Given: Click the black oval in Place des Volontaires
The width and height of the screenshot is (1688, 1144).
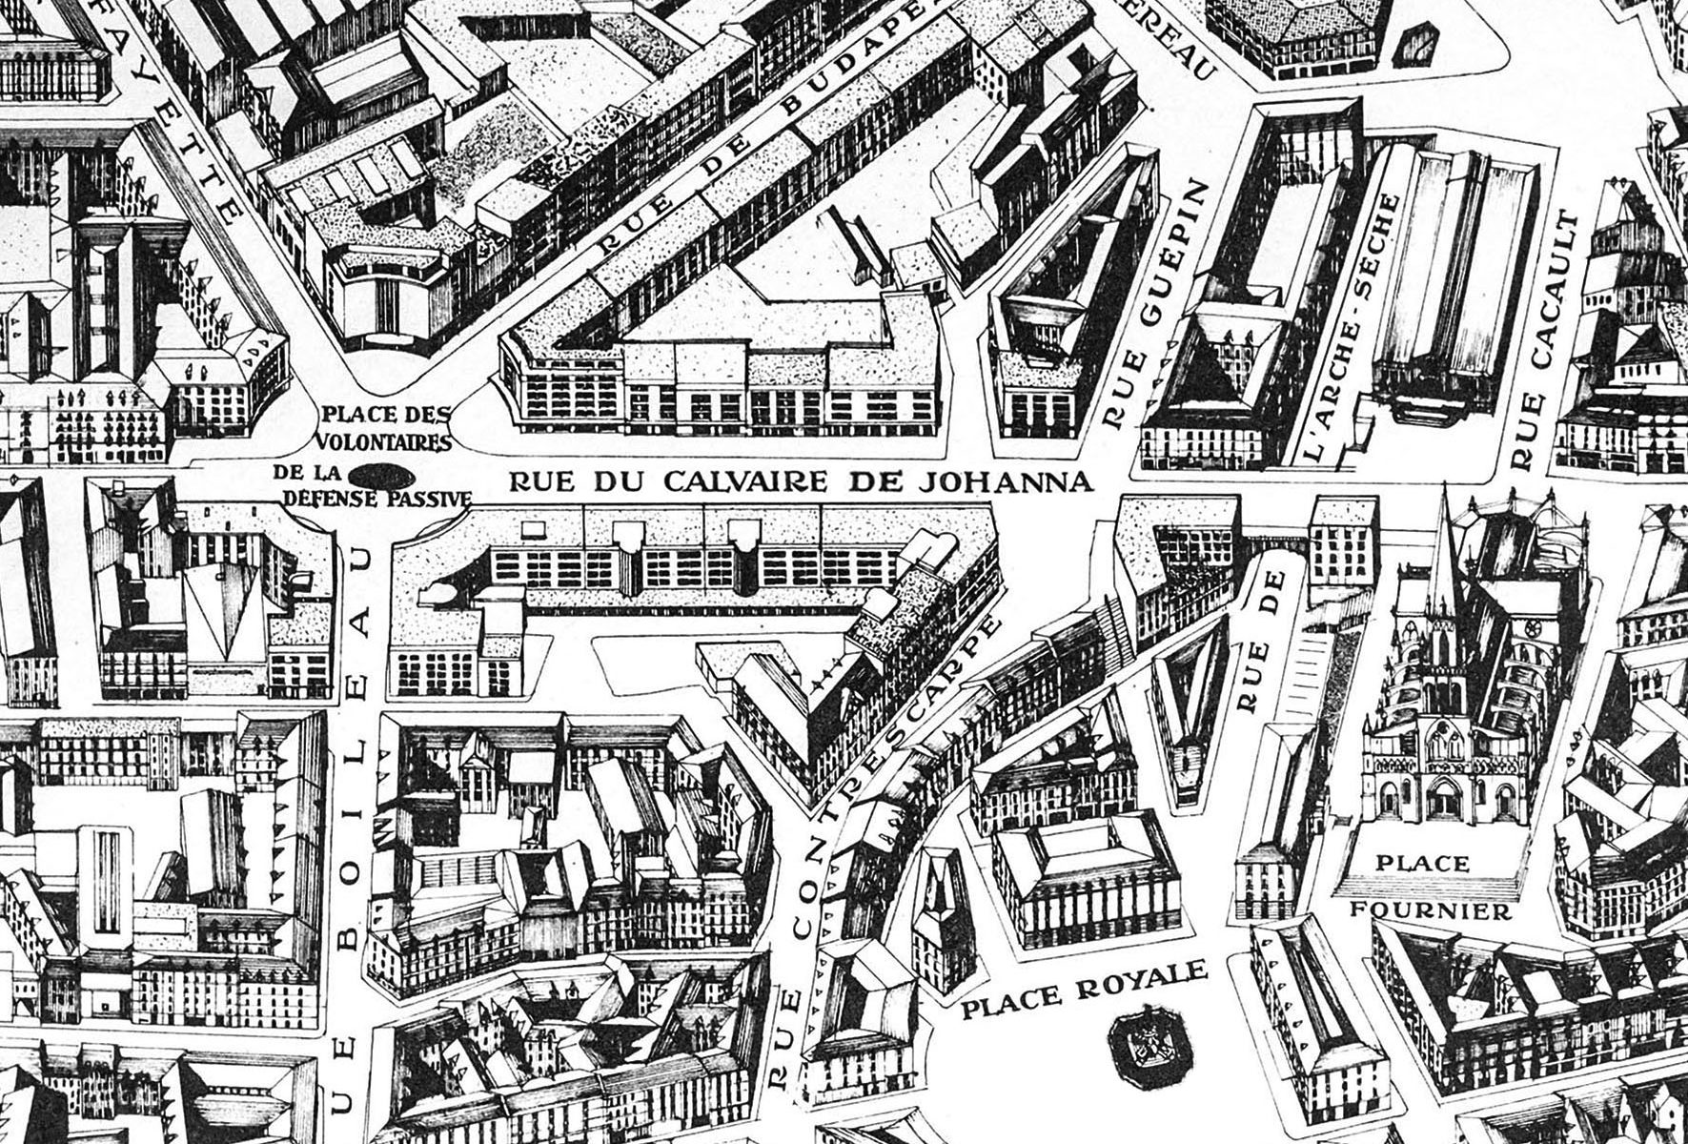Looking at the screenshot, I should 380,474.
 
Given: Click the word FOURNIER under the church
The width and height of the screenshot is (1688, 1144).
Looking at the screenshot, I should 1431,910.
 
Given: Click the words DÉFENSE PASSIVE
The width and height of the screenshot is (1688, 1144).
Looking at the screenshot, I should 379,497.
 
